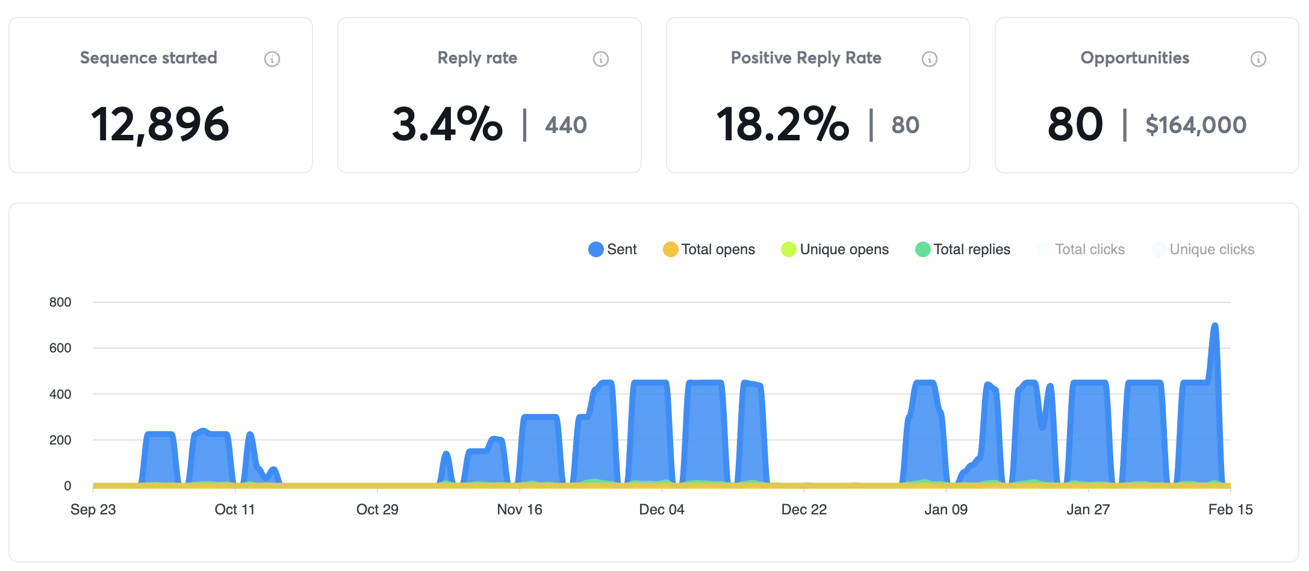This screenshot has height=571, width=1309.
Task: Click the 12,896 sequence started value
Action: (160, 125)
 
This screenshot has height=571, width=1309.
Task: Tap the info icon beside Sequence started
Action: (272, 59)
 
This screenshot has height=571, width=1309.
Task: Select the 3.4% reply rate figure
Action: (447, 125)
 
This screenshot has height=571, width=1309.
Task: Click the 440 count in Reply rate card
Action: (565, 125)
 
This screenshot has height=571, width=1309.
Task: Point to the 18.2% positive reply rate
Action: (782, 125)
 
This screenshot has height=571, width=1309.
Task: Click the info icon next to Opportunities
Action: (1258, 59)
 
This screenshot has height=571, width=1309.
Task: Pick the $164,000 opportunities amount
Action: (1195, 125)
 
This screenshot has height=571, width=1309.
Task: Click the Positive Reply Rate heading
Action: (806, 58)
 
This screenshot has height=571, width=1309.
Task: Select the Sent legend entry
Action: (612, 249)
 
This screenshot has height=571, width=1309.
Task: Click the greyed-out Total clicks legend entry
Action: (1081, 249)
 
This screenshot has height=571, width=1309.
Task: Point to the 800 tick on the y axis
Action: (60, 302)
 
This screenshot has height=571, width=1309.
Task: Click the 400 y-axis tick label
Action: (60, 395)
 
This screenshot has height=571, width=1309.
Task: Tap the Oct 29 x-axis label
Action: (377, 510)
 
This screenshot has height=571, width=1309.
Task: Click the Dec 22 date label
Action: (804, 510)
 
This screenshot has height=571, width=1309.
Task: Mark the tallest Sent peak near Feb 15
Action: (1214, 326)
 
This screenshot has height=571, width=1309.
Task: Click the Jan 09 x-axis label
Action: (946, 510)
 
